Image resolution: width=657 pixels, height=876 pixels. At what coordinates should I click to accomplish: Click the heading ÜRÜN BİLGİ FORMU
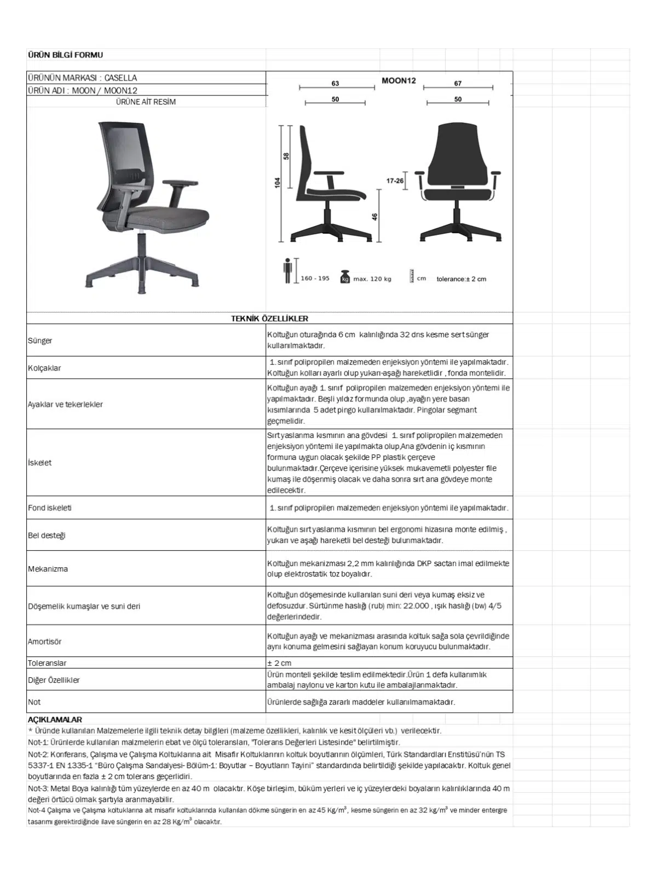click(x=65, y=55)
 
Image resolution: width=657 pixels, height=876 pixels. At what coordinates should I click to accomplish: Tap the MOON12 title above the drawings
click(x=399, y=80)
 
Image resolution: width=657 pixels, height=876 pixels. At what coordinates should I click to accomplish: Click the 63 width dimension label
click(x=335, y=83)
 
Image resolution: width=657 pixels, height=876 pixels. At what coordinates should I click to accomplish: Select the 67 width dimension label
click(x=458, y=83)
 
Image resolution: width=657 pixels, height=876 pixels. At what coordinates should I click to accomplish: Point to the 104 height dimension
click(x=278, y=182)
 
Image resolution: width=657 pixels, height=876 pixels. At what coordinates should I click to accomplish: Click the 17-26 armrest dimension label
click(x=395, y=181)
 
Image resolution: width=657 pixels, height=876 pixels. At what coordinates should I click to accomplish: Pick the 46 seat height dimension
click(x=375, y=216)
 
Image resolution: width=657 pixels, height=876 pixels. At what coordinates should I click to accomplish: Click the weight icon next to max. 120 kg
click(x=345, y=276)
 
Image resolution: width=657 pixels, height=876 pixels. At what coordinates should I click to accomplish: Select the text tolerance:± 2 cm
click(x=461, y=279)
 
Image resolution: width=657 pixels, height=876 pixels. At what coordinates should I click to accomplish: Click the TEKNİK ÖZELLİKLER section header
click(x=269, y=319)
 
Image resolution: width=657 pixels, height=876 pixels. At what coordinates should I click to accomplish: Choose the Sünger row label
click(x=40, y=341)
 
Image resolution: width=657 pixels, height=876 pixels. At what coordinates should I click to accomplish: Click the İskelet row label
click(x=40, y=463)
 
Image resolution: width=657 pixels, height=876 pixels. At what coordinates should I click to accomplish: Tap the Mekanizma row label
click(x=48, y=569)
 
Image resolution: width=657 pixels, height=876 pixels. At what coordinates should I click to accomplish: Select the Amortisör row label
click(x=45, y=642)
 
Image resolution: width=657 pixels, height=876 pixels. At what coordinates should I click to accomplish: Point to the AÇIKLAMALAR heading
click(x=55, y=719)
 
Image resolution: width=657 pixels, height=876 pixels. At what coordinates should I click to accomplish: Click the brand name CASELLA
click(x=121, y=78)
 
